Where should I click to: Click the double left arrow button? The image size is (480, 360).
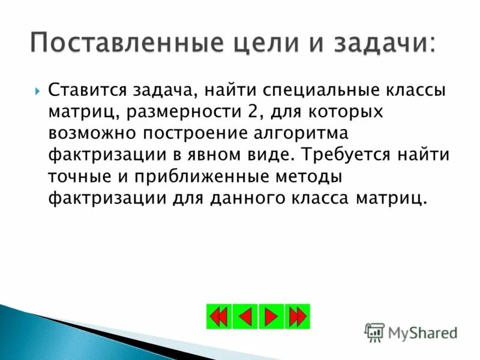(219, 316)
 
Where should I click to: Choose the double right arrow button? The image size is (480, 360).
(298, 316)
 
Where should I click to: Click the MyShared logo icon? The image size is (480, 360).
(374, 332)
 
